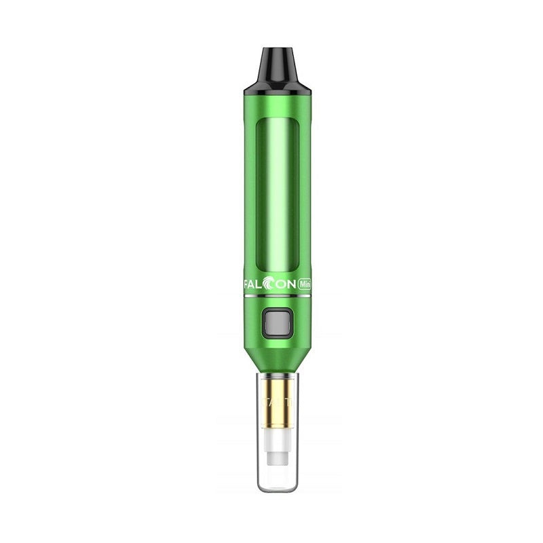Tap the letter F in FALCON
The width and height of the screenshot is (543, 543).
point(247,286)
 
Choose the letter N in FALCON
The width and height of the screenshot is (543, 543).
point(291,286)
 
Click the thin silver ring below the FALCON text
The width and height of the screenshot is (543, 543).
point(277,297)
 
